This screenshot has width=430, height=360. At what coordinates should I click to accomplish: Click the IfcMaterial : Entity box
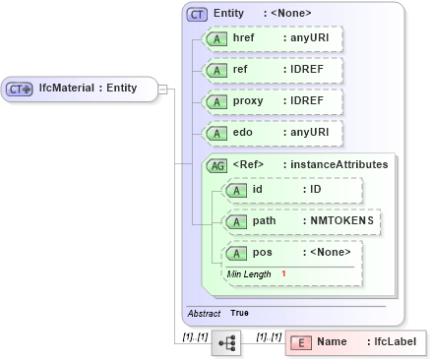80,90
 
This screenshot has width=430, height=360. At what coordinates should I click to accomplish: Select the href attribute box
271,39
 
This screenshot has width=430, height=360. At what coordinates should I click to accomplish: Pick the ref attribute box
271,71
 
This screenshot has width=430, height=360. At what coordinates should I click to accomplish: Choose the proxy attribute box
271,102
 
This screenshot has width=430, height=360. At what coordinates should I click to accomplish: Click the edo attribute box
271,133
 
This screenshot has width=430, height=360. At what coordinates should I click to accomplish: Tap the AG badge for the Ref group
216,165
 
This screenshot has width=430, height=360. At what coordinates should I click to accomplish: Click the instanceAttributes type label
338,165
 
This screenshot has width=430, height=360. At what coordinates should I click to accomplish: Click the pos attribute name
263,253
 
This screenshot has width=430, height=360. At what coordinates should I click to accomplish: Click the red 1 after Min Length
283,273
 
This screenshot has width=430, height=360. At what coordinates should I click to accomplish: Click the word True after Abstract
240,313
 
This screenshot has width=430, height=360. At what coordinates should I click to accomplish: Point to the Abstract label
204,313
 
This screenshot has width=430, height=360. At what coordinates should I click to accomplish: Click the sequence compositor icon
226,342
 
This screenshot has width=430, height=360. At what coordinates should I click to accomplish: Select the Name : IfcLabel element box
355,342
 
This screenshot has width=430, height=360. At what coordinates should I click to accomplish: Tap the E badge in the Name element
300,342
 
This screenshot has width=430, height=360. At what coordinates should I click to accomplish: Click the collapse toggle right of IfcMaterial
163,90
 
